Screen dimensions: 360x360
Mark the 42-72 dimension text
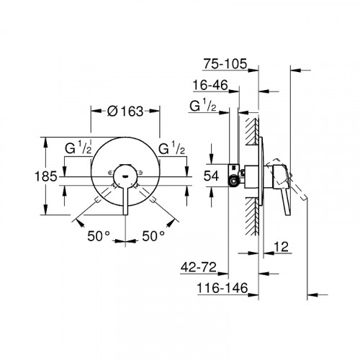pos(199,269)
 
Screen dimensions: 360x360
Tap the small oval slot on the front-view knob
pos(125,175)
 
